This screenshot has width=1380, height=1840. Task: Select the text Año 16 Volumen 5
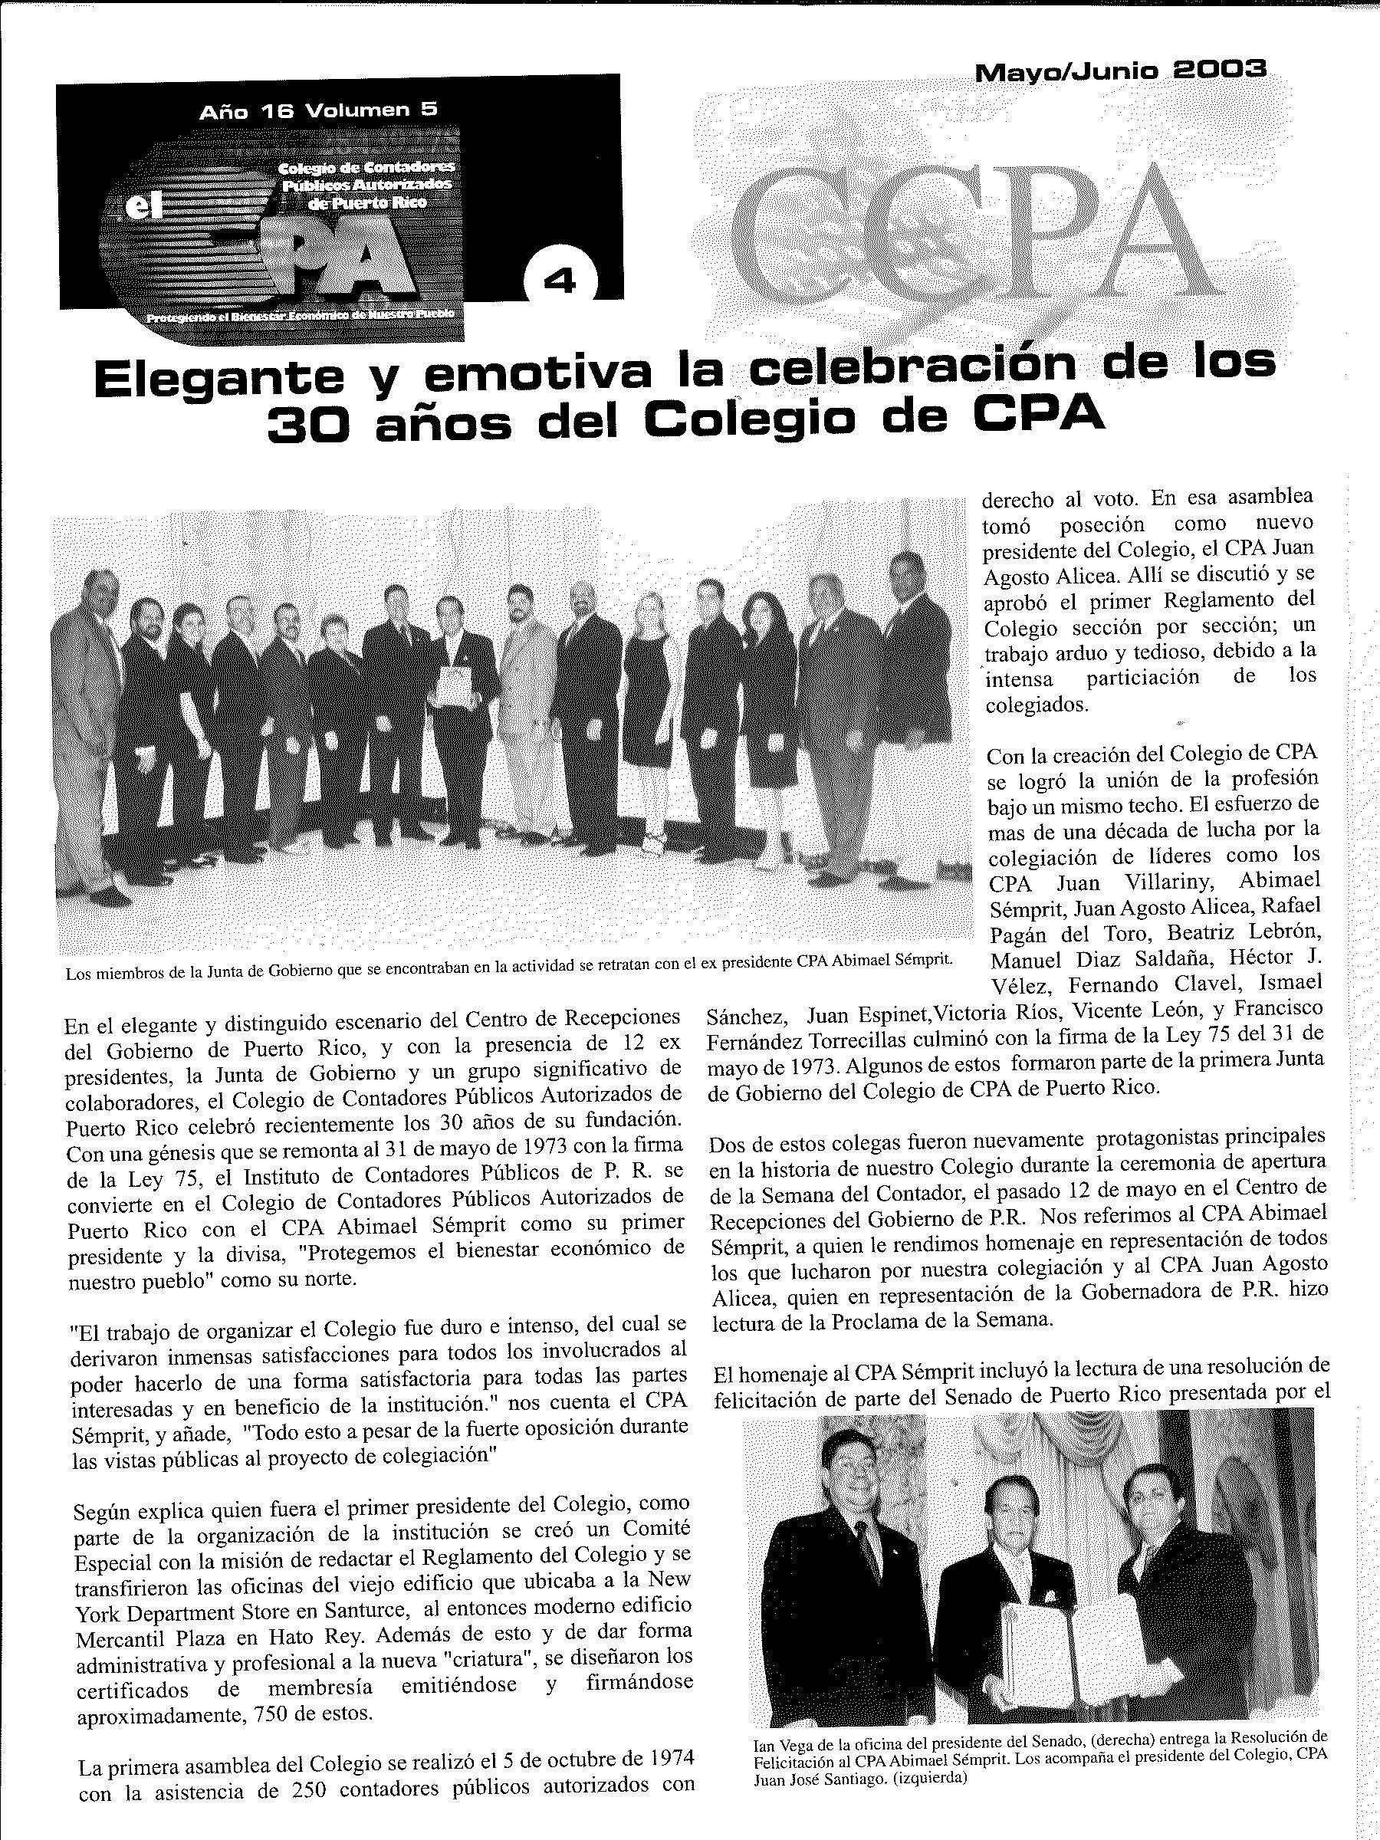point(317,110)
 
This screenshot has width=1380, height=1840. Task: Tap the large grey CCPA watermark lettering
point(965,233)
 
